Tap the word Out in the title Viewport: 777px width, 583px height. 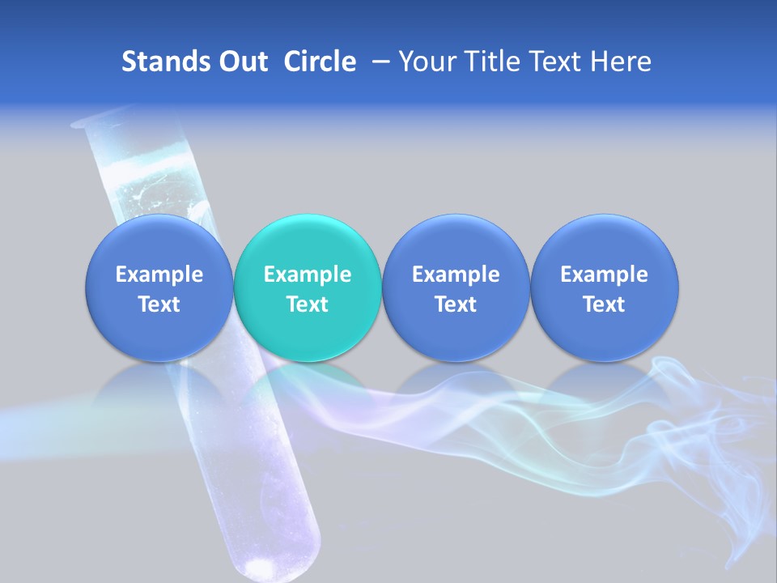(241, 62)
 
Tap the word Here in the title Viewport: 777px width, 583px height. (621, 62)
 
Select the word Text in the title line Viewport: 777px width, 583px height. (557, 62)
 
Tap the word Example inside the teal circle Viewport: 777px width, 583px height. (308, 274)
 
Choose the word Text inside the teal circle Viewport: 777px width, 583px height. (308, 304)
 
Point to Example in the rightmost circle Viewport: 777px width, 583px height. (604, 274)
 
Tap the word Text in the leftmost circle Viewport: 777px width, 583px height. (159, 304)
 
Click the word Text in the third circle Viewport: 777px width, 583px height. (456, 304)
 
